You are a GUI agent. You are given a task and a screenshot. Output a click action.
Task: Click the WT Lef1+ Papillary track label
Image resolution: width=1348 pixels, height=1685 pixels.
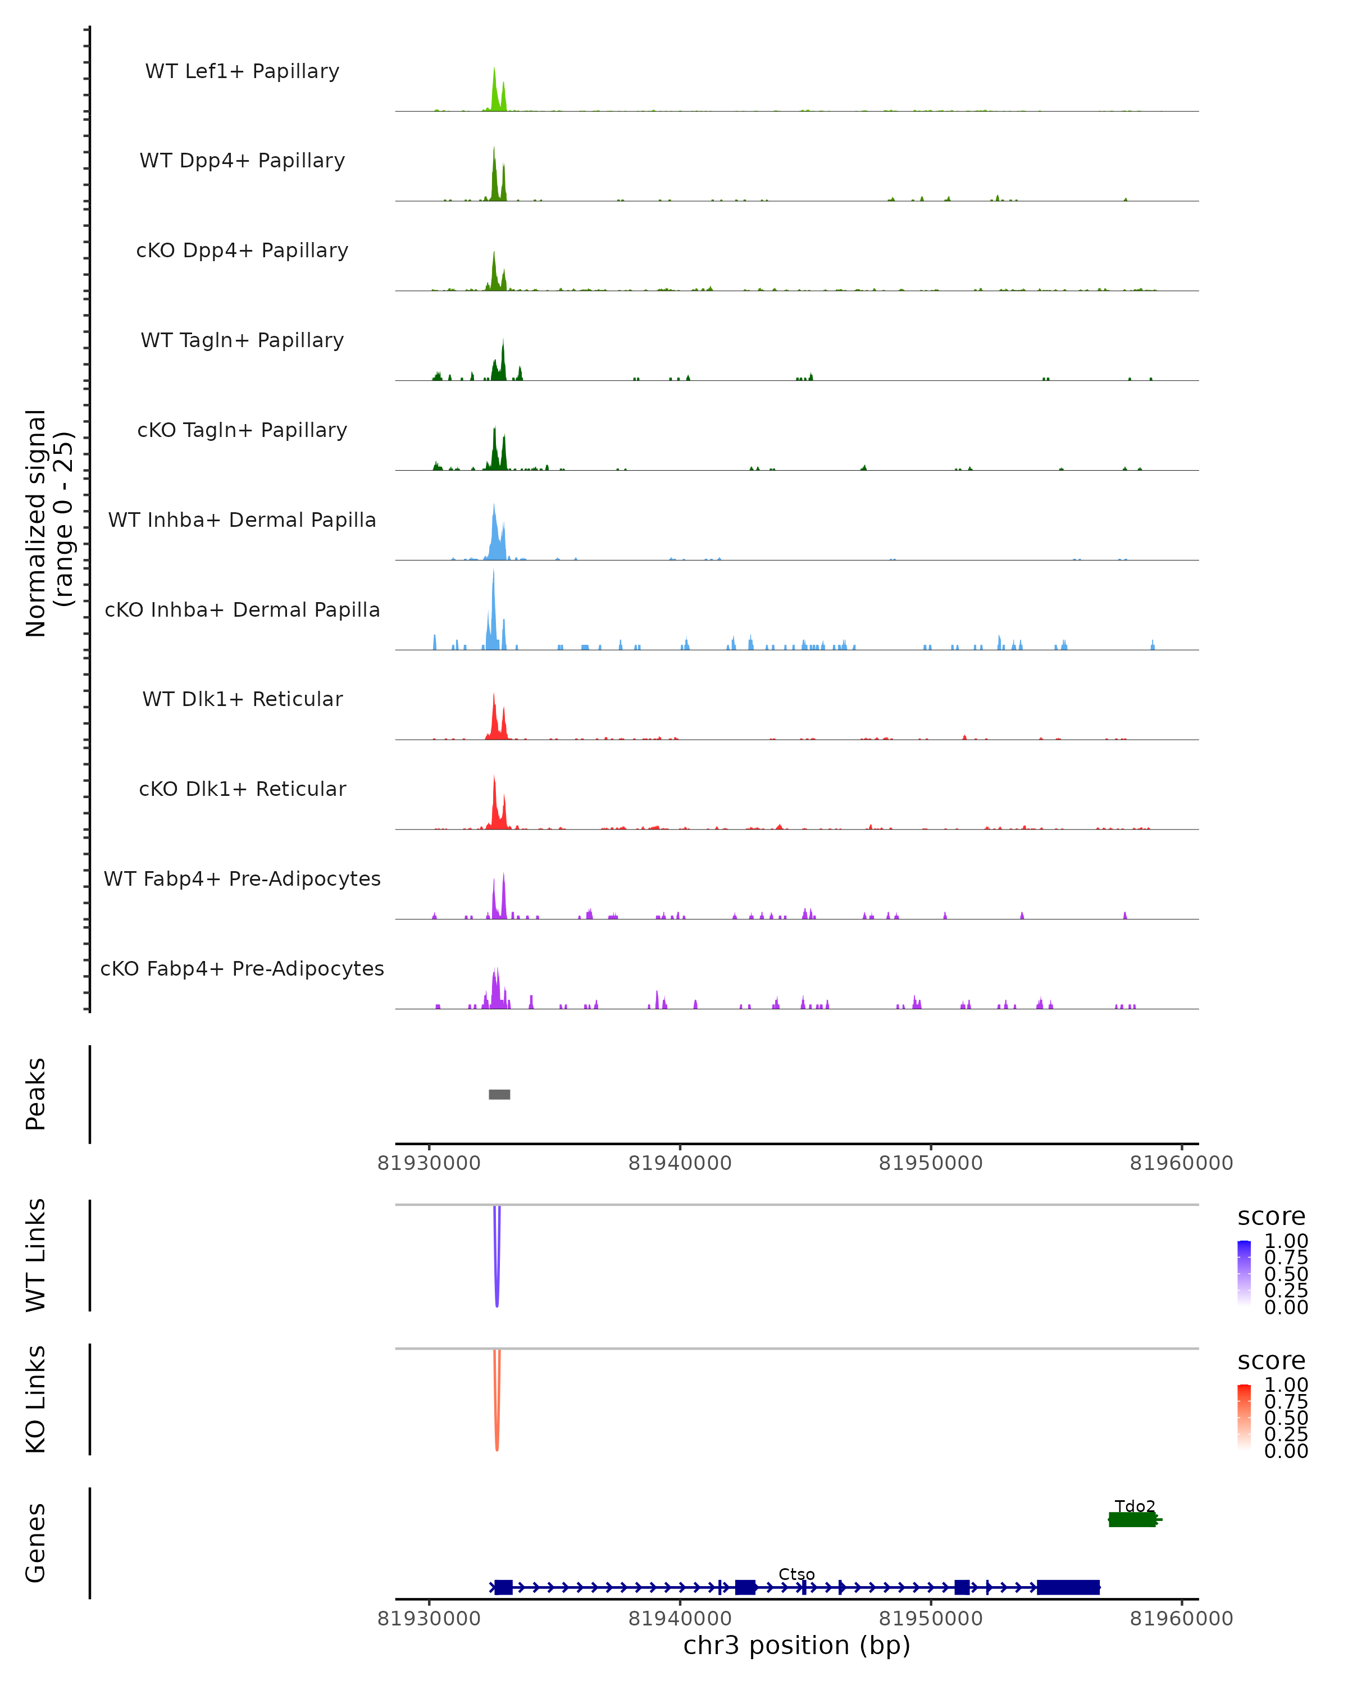point(242,71)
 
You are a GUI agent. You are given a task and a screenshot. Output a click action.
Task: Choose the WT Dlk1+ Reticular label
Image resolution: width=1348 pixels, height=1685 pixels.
point(242,699)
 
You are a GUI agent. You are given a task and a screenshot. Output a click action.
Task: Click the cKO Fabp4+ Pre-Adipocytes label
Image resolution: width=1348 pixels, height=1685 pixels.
point(242,968)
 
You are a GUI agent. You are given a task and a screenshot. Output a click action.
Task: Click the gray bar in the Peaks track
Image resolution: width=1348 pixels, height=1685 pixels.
point(499,1094)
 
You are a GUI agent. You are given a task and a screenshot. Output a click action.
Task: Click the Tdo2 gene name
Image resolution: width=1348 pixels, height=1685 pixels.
point(1135,1506)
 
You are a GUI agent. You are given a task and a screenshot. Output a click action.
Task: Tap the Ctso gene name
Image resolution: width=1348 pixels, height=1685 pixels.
point(796,1574)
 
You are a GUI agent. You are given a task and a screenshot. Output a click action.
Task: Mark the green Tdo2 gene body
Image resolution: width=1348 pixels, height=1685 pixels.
point(1132,1519)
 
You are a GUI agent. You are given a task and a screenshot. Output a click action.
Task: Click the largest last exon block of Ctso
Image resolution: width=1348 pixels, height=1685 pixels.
point(1068,1587)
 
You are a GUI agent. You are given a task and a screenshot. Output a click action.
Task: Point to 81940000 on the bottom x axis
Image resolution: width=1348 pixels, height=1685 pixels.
point(680,1619)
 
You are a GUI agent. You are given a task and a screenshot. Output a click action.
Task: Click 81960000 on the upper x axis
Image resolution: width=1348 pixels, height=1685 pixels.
point(1181,1163)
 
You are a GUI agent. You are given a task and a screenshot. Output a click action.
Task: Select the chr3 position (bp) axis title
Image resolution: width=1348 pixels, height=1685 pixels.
point(796,1646)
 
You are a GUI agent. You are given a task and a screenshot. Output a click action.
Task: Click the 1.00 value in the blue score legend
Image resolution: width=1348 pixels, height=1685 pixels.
point(1286,1241)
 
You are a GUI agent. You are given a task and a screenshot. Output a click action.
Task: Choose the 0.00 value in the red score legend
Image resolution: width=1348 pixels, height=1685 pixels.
point(1286,1451)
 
